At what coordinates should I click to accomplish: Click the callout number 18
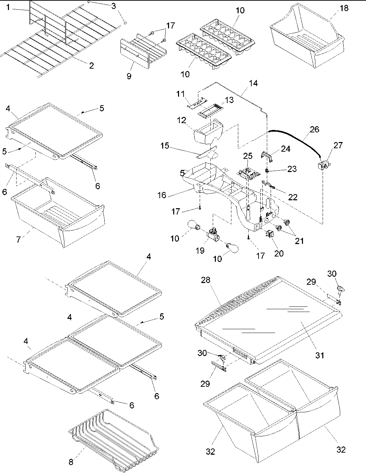344,8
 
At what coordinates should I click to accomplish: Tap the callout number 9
129,76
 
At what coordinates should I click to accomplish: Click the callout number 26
314,130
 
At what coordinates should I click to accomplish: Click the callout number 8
71,462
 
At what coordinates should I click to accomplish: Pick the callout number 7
19,239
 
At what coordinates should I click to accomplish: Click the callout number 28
206,280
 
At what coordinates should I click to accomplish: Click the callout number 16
162,195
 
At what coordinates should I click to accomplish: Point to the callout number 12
182,120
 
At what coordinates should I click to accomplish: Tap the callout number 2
91,65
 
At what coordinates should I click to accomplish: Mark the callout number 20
279,253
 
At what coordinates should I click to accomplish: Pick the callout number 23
292,169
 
